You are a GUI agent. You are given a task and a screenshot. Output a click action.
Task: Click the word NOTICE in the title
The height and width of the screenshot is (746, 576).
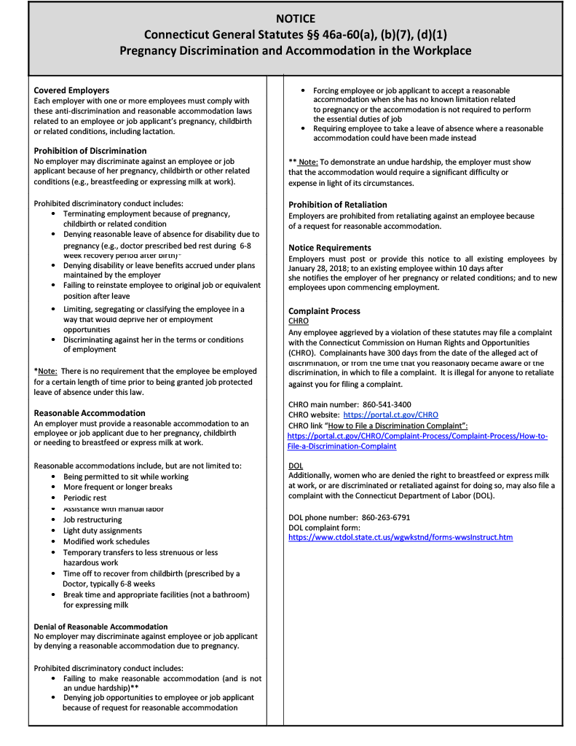[296, 19]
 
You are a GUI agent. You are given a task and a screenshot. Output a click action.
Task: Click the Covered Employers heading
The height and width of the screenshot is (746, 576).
[71, 90]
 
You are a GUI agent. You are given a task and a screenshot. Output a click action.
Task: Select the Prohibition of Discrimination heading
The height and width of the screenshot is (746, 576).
[90, 151]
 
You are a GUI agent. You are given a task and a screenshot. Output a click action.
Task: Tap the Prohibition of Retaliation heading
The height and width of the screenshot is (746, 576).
[338, 205]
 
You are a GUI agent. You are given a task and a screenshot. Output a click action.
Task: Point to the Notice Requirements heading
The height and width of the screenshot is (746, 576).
[330, 248]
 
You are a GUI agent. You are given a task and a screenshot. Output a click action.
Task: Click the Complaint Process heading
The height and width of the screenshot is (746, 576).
[324, 311]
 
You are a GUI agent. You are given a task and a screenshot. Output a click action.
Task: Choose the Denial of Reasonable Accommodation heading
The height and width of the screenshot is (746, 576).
[100, 627]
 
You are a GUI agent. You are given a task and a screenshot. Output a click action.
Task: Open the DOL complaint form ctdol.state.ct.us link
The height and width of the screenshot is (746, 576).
[401, 537]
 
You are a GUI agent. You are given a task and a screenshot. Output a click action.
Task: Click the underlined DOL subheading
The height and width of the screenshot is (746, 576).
[296, 466]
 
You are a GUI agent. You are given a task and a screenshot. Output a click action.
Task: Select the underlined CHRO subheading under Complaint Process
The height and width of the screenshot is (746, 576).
[299, 321]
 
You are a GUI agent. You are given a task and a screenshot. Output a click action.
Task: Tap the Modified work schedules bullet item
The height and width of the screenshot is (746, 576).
[106, 541]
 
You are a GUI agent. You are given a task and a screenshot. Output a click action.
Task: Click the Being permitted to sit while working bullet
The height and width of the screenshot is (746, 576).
[125, 476]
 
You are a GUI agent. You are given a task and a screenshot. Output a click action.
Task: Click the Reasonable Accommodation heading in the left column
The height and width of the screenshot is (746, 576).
[90, 413]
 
